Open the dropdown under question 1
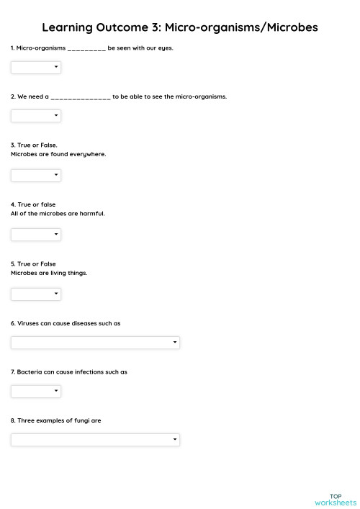pos(36,68)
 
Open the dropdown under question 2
pos(36,116)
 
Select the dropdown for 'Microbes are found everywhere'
pos(36,175)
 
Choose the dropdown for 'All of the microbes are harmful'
pos(36,235)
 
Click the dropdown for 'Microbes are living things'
pos(36,294)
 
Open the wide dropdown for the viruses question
pos(95,343)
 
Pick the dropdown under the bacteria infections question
pos(36,391)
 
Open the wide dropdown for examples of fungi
pos(95,439)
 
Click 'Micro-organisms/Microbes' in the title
pos(241,28)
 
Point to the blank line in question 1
pos(86,49)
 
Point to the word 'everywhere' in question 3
pos(91,154)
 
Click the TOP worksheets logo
pos(335,499)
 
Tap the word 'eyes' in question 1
pos(165,48)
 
